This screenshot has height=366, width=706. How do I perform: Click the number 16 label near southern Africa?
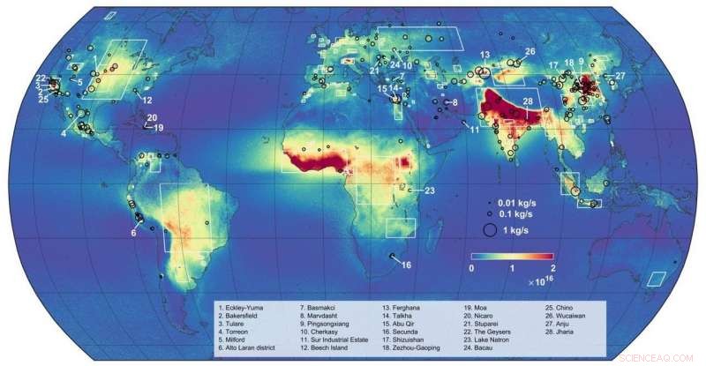pos(406,265)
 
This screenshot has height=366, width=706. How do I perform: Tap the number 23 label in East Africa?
pos(430,190)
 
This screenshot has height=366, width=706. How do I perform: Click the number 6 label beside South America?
pos(134,232)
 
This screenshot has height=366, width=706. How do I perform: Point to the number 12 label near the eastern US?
pos(148,100)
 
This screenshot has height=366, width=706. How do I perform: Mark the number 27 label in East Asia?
pos(620,76)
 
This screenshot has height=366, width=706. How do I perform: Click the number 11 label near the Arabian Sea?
pos(474,130)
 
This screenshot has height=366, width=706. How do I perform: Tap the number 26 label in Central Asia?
pos(529,52)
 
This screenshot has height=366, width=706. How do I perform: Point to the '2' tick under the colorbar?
pos(552,266)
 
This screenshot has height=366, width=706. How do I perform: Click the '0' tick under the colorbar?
pos(472,266)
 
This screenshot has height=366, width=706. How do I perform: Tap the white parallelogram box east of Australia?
pos(657,279)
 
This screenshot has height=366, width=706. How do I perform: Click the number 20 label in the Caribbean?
pos(151,118)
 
